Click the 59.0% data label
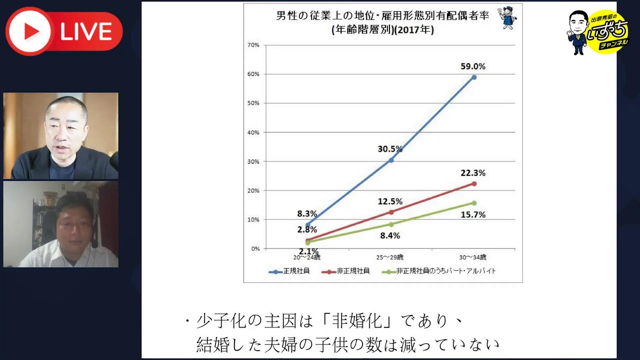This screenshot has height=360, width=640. click(x=473, y=66)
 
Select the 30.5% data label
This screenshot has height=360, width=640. click(x=390, y=149)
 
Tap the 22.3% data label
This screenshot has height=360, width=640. click(x=473, y=173)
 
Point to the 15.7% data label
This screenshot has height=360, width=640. click(x=473, y=214)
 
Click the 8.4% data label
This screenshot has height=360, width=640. click(x=390, y=235)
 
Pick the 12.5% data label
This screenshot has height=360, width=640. click(x=390, y=201)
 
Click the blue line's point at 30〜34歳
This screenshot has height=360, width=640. click(x=473, y=77)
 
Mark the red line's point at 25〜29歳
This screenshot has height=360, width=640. click(x=391, y=212)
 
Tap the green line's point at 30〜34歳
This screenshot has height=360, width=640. click(x=473, y=203)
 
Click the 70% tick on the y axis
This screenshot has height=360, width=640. click(x=253, y=45)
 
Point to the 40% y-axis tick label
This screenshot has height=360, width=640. click(x=253, y=132)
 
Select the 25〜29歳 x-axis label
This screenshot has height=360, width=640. click(x=390, y=257)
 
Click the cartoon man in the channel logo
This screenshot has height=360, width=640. click(x=579, y=31)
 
